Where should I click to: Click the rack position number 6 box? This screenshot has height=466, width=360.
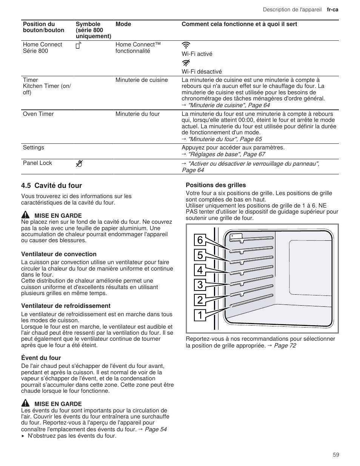200,240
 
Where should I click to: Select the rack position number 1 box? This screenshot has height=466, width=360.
200,315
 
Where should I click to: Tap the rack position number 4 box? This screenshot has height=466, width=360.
200,270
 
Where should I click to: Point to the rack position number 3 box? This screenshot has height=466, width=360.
200,285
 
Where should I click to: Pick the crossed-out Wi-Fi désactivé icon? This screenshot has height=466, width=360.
186,63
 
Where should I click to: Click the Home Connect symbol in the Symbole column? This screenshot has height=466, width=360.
79,46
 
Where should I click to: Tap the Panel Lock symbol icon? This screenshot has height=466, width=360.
79,163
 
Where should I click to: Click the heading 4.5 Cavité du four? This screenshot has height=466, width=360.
52,185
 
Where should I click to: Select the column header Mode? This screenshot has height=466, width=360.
123,24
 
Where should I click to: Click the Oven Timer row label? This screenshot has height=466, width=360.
38,114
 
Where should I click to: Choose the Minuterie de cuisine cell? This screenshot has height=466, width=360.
142,80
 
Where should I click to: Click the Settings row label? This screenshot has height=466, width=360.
34,148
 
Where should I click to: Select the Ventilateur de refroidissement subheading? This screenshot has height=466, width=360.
66,306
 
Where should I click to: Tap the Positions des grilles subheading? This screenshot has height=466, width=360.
215,185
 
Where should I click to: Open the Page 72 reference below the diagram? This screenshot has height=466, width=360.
285,345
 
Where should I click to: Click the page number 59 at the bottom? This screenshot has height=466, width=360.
336,455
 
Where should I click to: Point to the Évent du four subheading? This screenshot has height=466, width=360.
41,358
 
